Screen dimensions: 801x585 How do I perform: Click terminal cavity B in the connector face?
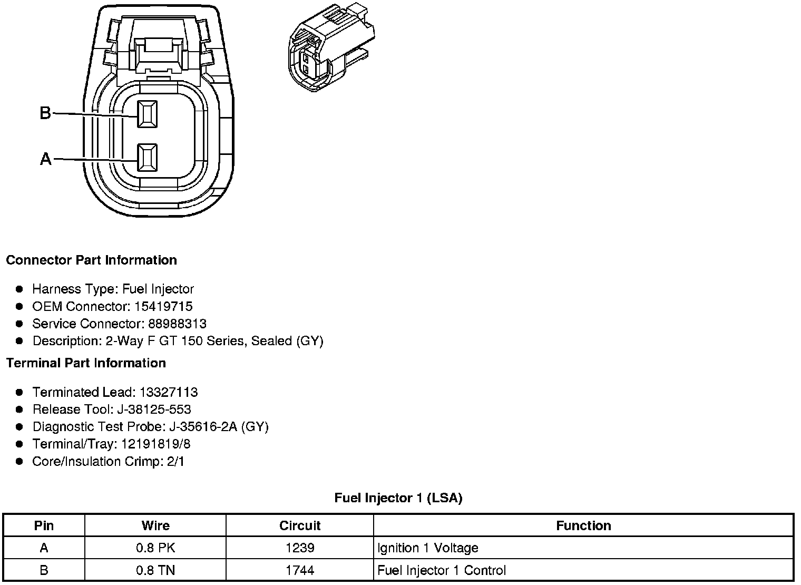click(148, 114)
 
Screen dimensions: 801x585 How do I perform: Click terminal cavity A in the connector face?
click(148, 158)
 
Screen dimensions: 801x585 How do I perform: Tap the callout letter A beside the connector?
click(46, 159)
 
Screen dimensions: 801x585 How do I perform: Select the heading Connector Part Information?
click(92, 260)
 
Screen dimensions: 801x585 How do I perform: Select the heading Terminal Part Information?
click(86, 363)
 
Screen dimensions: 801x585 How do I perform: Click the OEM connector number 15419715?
click(163, 306)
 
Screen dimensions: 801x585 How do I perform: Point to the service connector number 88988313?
click(178, 324)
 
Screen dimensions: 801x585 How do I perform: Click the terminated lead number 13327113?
click(169, 392)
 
